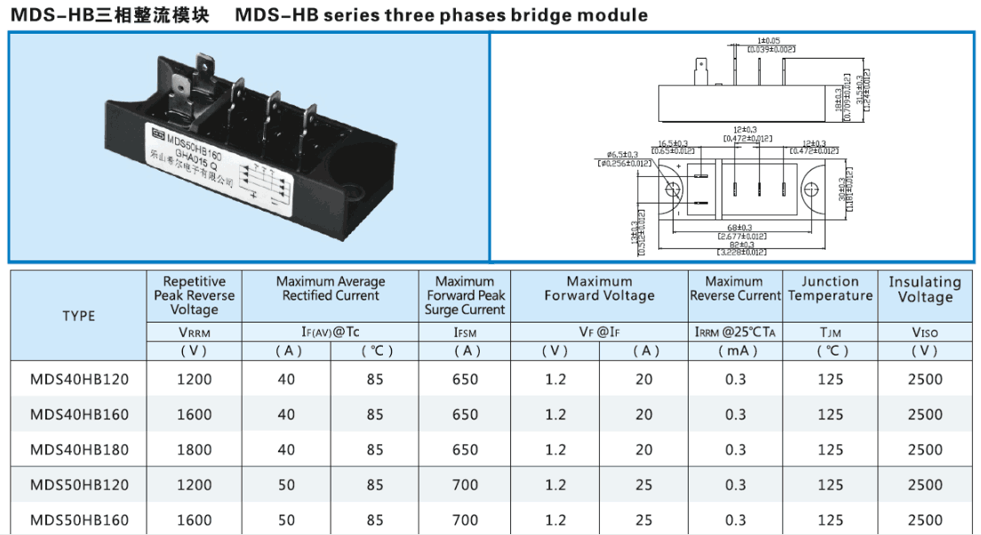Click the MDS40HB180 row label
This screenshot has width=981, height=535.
[79, 450]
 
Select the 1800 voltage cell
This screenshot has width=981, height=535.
[195, 450]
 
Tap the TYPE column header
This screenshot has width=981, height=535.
[79, 315]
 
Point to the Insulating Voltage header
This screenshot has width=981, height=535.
[924, 289]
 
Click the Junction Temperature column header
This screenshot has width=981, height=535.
[830, 289]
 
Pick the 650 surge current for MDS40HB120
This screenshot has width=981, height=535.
[465, 379]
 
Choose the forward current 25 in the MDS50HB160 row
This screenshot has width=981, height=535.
[643, 520]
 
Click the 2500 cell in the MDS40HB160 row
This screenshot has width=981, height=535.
[924, 414]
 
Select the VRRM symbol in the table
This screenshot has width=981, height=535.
[195, 332]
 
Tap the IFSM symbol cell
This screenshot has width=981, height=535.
[465, 332]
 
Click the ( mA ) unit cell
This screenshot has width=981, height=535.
[736, 351]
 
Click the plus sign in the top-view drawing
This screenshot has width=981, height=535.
[678, 167]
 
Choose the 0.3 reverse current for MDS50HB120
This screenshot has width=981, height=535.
[736, 485]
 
